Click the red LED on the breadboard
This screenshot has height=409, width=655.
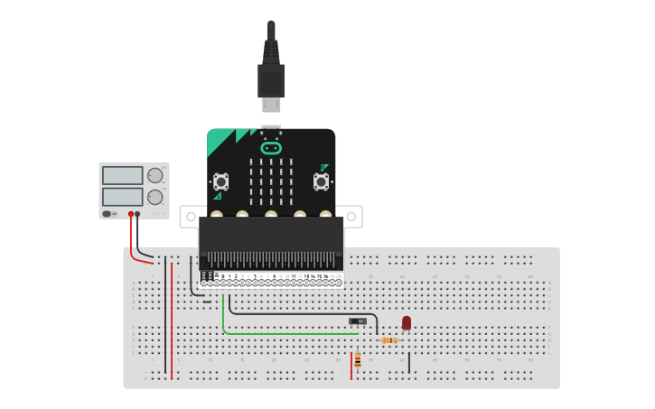pos(407,322)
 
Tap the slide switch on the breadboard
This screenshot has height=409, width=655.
pos(358,321)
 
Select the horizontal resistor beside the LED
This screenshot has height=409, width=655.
pos(389,340)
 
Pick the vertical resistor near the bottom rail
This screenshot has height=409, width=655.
pos(358,360)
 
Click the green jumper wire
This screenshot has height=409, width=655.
pos(271,333)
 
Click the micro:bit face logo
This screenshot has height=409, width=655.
pos(271,148)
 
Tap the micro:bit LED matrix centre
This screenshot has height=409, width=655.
pos(271,181)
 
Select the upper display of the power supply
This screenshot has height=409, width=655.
pos(122,175)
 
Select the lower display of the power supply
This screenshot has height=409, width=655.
pos(122,196)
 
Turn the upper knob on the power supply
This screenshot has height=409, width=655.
pos(155,175)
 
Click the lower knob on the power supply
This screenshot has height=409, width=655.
pos(155,197)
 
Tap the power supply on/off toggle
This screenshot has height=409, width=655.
pos(108,214)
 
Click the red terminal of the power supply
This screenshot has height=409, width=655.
pos(131,214)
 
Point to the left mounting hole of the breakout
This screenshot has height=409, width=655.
pos(190,217)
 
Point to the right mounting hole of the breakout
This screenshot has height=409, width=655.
pos(352,217)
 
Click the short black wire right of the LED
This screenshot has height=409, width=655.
pos(409,362)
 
